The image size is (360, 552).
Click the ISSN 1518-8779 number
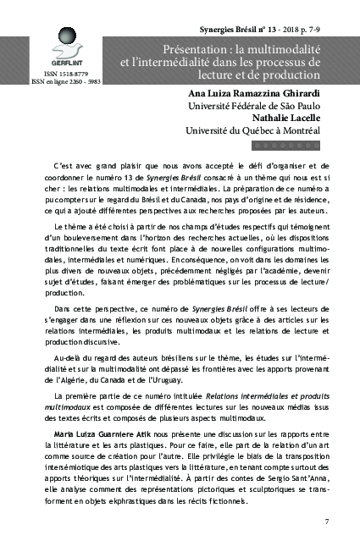click(54, 75)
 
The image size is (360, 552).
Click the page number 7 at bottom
click(327, 521)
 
